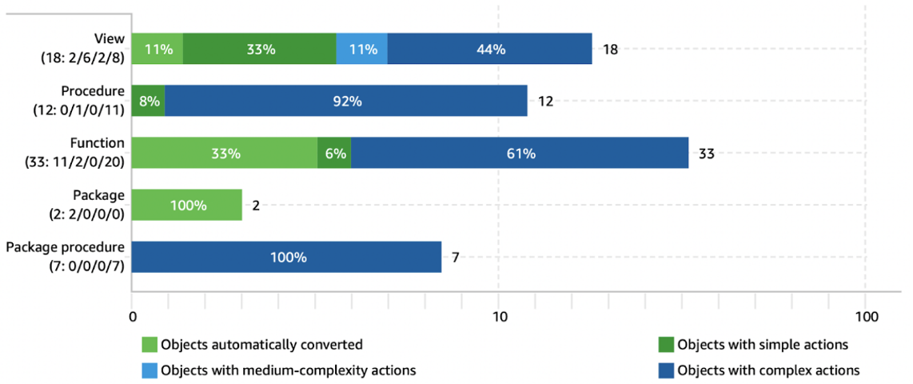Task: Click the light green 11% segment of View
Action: tap(157, 49)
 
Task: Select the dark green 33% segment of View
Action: tap(259, 49)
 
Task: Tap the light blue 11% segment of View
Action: tap(361, 49)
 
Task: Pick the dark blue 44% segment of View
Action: tap(489, 49)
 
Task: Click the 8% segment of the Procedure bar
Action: tap(148, 101)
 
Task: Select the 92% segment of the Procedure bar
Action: tap(345, 101)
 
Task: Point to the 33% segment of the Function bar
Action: tap(224, 153)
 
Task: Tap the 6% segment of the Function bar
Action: tap(334, 153)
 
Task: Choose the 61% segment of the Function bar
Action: tap(520, 153)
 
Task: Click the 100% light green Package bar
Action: tap(187, 205)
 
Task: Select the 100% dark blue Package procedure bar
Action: tap(286, 257)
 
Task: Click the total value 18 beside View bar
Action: tap(610, 50)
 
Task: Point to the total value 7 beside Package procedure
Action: tap(455, 258)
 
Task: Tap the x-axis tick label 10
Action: tap(498, 317)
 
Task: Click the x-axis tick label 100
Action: tap(865, 317)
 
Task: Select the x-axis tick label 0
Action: tap(132, 317)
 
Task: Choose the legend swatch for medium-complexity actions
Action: tap(150, 370)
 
